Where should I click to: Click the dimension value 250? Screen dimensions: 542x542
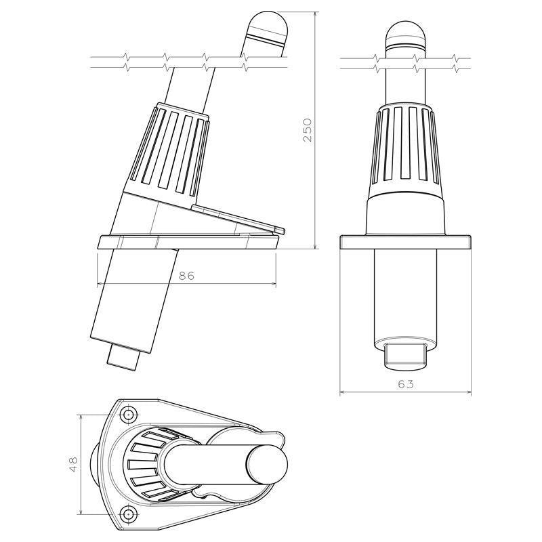point(307,129)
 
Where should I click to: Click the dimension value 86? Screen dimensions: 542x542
point(186,276)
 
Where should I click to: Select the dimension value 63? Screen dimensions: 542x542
point(405,384)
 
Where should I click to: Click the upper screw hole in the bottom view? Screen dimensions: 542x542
point(127,414)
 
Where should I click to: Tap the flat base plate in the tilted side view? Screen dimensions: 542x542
point(186,241)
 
